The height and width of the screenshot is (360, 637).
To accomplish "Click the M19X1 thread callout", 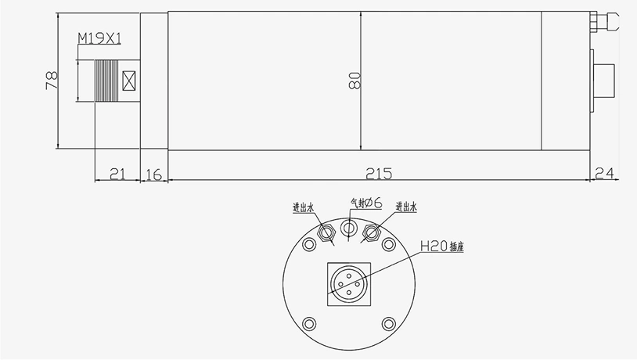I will coord(99,38).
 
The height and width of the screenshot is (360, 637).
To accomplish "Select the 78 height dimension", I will coord(52,81).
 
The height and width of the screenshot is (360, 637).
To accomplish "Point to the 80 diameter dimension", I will coord(353,81).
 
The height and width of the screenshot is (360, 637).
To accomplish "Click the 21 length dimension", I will coord(117,174).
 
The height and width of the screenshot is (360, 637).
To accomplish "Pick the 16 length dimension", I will coord(154,174).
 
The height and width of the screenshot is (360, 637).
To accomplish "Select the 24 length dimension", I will coord(606,174).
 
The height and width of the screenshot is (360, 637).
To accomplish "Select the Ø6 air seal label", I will coord(365,203).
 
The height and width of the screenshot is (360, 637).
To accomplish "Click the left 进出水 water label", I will coord(303,208).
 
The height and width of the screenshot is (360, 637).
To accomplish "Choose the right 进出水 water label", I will coord(407,207).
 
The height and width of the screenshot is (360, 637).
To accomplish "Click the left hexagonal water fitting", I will coord(327,232).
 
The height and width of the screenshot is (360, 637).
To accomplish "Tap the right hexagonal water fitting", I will coord(372,232).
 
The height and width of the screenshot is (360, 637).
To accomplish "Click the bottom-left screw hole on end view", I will coord(309,322).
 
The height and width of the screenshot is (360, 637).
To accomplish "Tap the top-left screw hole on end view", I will coord(309,246).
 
